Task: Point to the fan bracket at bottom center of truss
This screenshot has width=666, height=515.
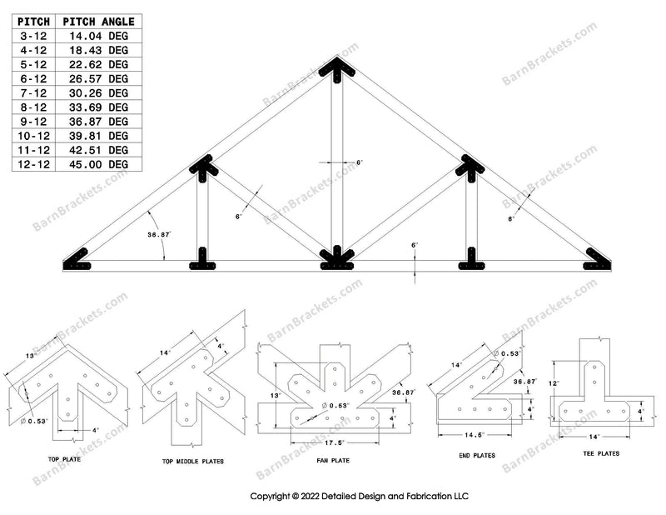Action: (336, 260)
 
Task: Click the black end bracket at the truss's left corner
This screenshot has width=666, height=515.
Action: (79, 262)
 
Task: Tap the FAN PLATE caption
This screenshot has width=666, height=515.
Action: (328, 461)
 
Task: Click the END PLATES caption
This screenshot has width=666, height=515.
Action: (477, 456)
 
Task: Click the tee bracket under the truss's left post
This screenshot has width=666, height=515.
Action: (203, 261)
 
